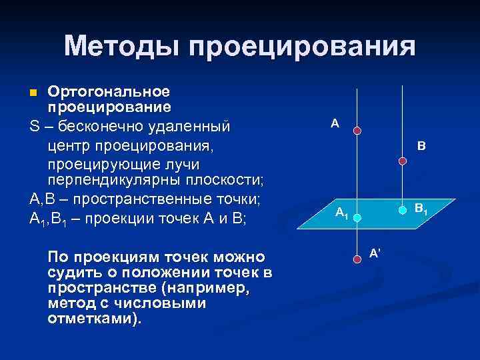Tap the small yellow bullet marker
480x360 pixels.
pos(37,91)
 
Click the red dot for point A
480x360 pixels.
pos(357,131)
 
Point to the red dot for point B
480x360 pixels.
pos(402,161)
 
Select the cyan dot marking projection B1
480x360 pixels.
pos(402,209)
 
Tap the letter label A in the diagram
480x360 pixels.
pos(335,123)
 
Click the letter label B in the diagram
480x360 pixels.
pos(421,145)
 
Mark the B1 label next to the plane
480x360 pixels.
pos(421,209)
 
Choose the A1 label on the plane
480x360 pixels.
pos(341,213)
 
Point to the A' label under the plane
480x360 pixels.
pos(375,252)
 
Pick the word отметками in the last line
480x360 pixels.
pos(92,317)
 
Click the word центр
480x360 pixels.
pos(69,145)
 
